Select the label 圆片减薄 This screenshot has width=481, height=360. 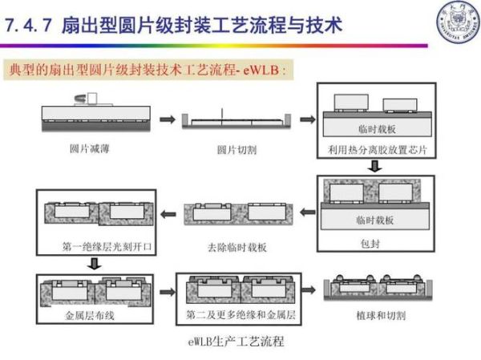click(89, 149)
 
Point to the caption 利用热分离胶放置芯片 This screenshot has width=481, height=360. click(371, 150)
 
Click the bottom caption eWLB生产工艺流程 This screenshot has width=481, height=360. click(236, 342)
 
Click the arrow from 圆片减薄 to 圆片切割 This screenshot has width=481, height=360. click(167, 119)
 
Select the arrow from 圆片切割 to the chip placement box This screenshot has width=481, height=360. click(305, 119)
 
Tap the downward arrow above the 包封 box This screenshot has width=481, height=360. click(374, 167)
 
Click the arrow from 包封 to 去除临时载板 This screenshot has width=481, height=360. click(307, 212)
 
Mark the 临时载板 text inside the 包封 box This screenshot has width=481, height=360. click(374, 219)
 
